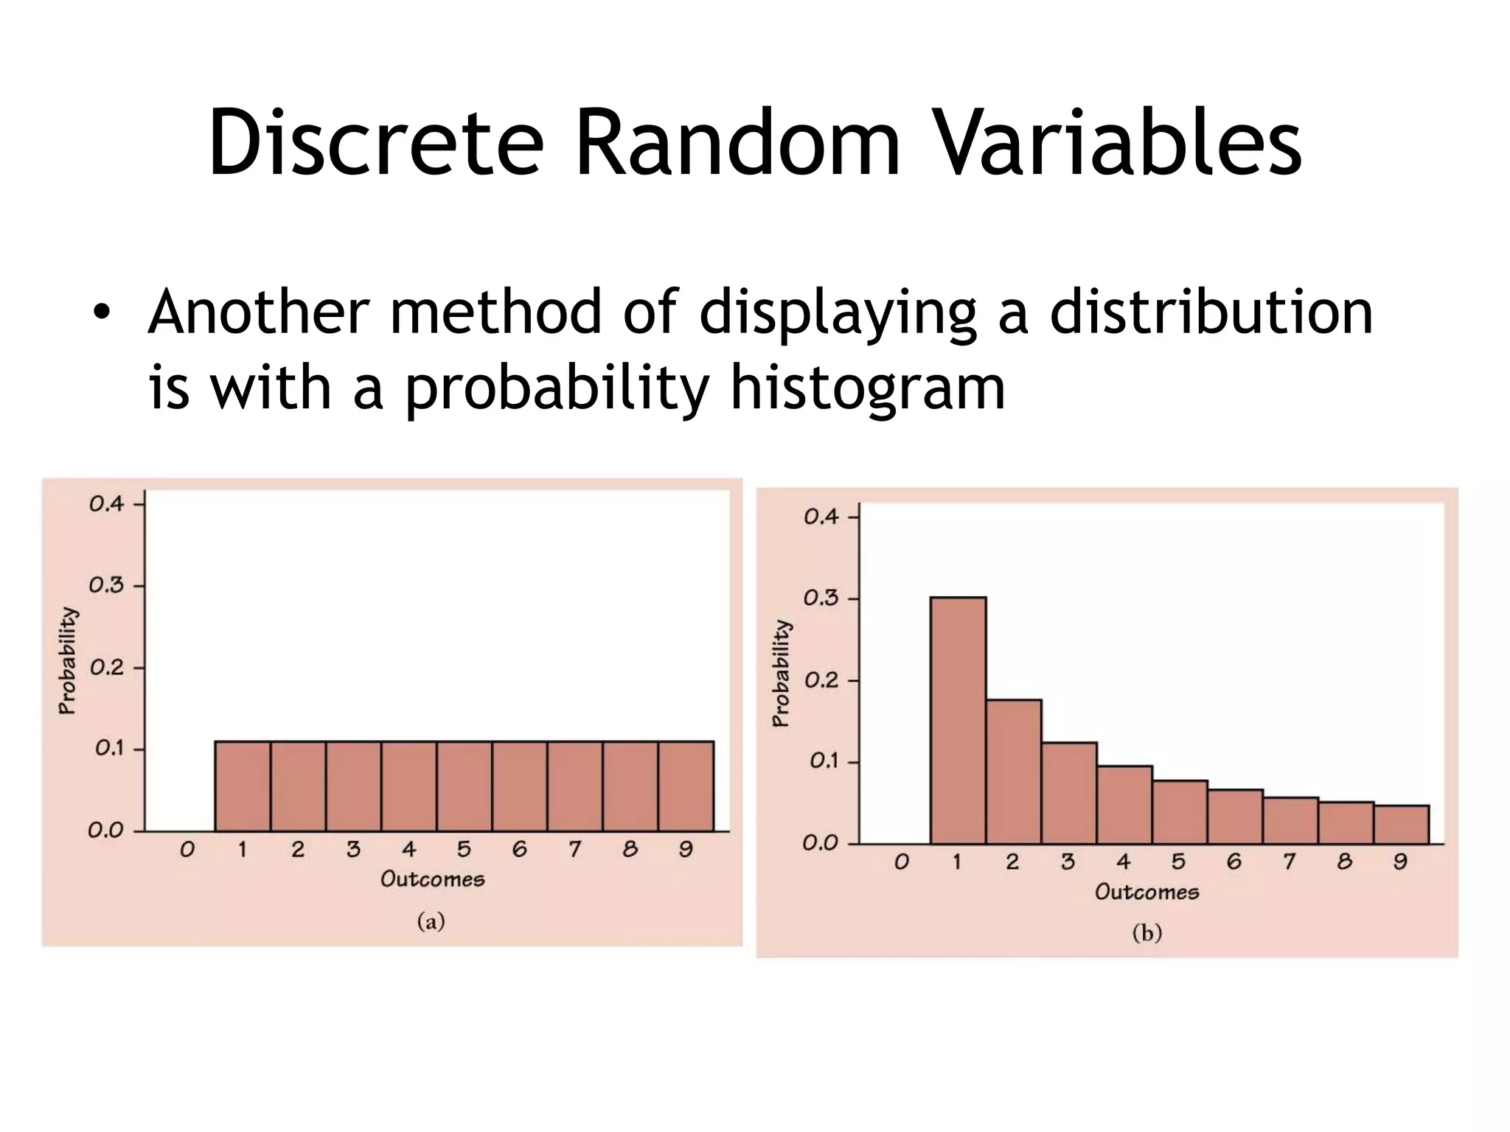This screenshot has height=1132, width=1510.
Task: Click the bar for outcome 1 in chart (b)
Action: click(x=958, y=720)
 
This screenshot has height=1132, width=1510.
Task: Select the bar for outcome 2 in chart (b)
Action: click(x=1013, y=772)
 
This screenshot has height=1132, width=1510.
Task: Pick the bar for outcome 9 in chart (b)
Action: click(x=1401, y=824)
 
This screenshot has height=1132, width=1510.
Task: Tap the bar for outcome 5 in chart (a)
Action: click(x=464, y=786)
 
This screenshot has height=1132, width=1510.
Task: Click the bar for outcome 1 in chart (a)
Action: click(x=243, y=786)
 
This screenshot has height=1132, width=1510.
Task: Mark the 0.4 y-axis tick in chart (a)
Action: click(x=107, y=504)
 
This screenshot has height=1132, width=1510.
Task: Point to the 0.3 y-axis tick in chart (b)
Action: click(x=821, y=598)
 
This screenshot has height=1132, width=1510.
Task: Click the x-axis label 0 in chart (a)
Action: click(x=187, y=850)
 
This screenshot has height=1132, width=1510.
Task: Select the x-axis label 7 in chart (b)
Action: click(x=1289, y=862)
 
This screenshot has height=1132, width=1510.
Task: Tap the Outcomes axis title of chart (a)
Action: click(x=432, y=879)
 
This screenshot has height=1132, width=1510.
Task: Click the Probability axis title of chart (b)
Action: click(x=781, y=674)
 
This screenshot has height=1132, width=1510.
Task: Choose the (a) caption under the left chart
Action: click(x=431, y=921)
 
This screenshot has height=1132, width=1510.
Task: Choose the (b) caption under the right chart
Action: click(x=1147, y=934)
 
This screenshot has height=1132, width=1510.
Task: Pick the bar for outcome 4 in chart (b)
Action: click(x=1124, y=805)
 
